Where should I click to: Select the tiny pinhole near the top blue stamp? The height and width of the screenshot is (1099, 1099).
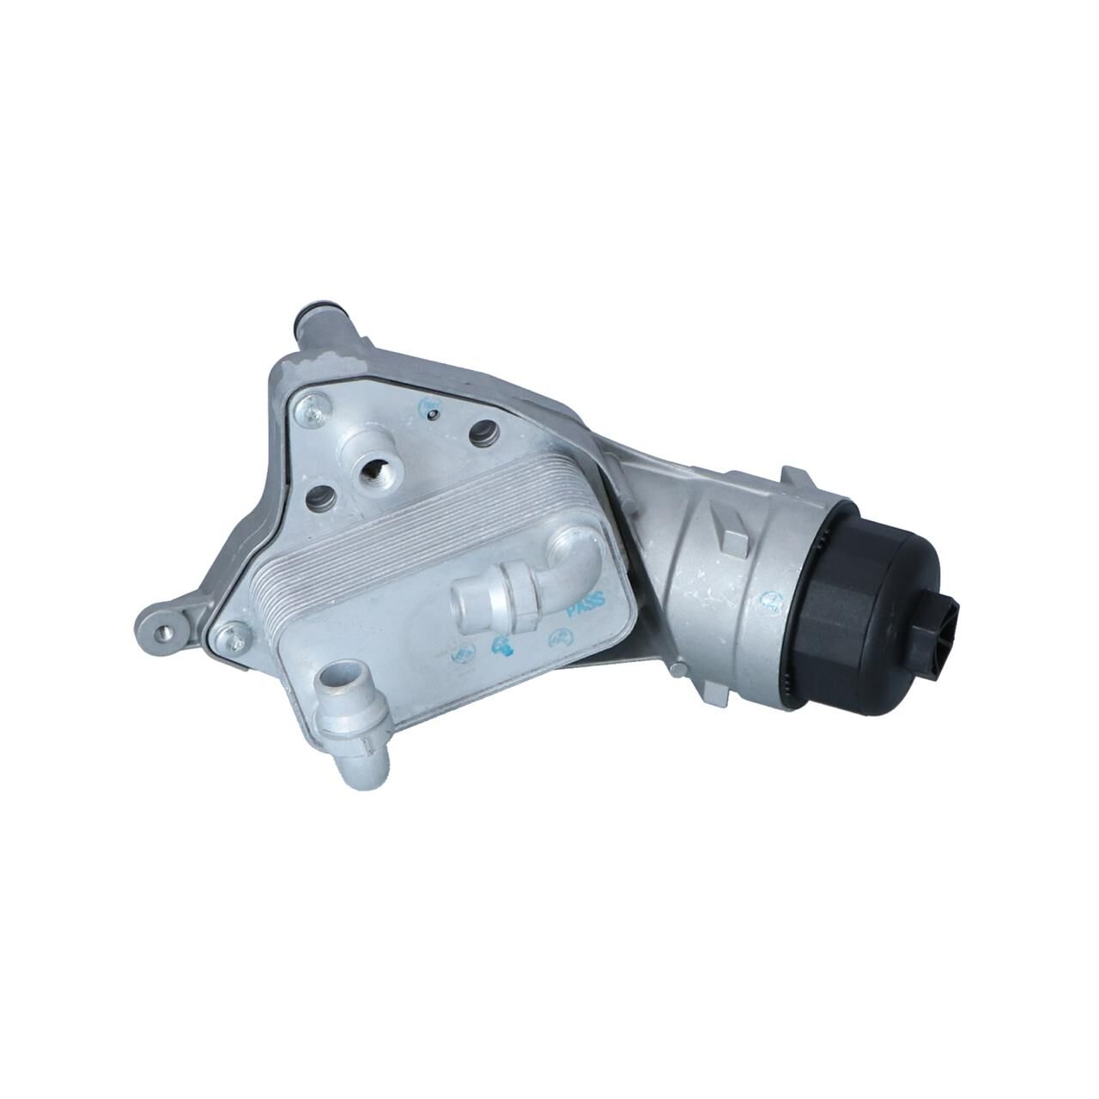pyautogui.click(x=435, y=417)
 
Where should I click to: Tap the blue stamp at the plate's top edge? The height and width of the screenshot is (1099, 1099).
pyautogui.click(x=427, y=404)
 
